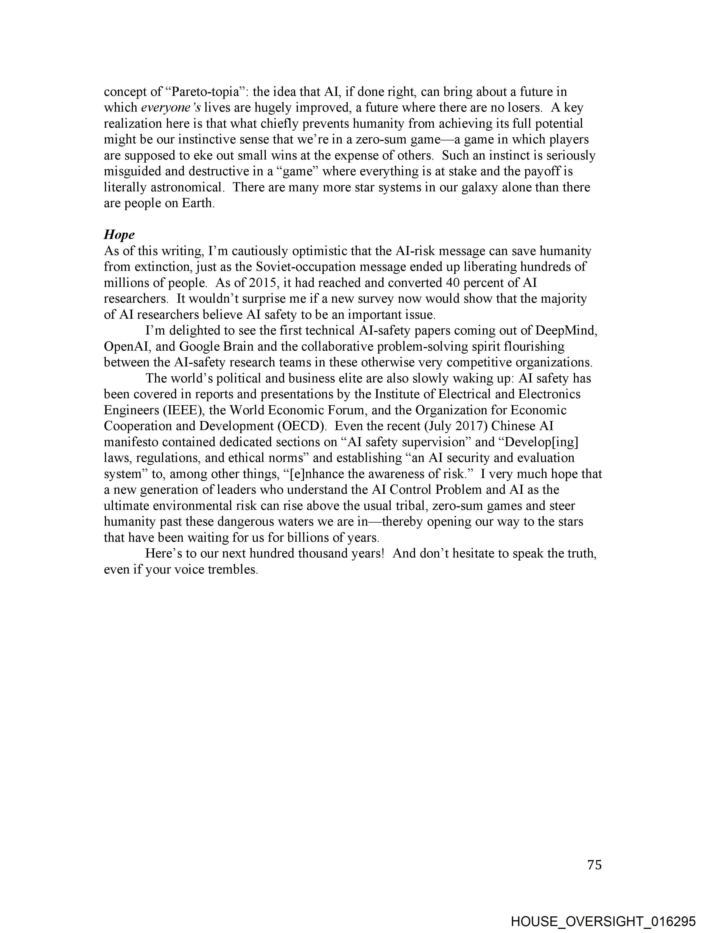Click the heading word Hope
click(x=119, y=235)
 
